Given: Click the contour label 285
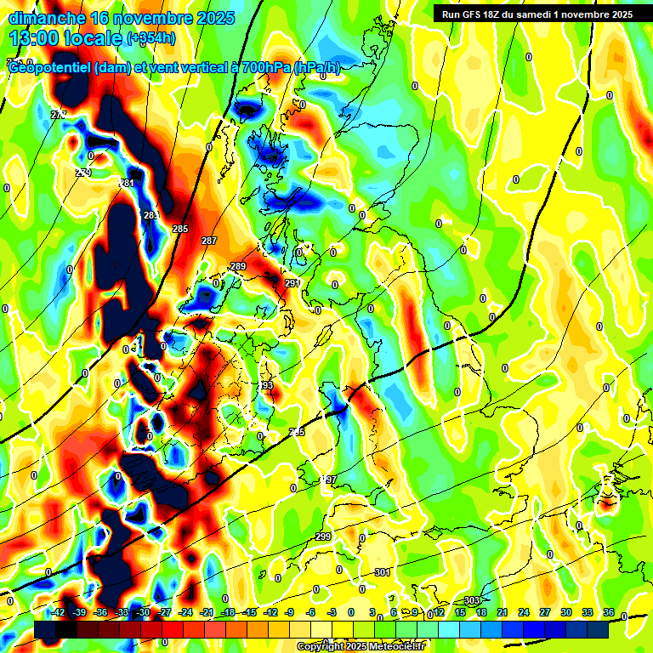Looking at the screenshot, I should point(180,229).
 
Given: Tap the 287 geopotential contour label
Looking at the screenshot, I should point(209,241).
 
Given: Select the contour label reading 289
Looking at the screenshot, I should point(238,267).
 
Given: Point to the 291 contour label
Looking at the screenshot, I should point(292,283).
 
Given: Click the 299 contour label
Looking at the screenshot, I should point(323,537).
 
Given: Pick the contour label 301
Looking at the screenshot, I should point(383,572).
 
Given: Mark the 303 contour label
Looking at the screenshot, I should point(473,601).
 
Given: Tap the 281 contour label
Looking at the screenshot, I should point(128,184).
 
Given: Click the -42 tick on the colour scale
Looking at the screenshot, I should point(59,613).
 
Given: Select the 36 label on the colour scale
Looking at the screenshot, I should point(609,613).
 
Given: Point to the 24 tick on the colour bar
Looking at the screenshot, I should point(524,613).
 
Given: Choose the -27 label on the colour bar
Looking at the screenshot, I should point(165,613).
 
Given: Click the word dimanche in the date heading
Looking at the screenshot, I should point(46,17).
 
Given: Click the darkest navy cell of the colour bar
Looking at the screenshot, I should point(598,629).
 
